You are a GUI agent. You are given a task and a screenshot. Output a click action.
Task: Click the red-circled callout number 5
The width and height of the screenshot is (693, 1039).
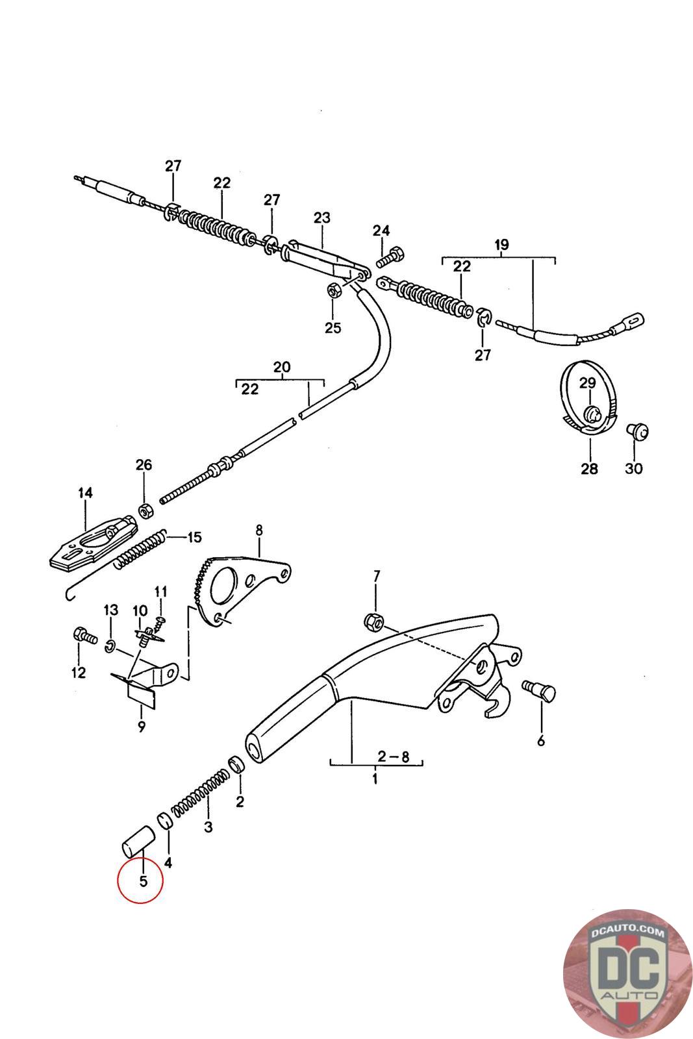coord(144,881)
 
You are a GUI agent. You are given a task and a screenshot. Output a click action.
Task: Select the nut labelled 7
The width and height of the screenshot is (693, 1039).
coord(374,621)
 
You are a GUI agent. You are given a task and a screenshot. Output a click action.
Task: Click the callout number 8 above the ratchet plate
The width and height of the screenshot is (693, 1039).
coord(259,530)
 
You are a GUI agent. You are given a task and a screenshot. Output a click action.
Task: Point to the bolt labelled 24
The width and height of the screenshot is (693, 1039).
coord(390,257)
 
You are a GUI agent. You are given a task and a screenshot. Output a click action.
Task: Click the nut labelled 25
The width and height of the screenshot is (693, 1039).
coord(334,291)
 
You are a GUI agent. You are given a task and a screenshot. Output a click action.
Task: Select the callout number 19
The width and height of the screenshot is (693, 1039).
coord(501,244)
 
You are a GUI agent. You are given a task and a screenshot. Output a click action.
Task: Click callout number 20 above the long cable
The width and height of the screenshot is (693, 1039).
coord(282,367)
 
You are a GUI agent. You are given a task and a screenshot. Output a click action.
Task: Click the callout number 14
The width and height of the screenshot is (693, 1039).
coord(85,493)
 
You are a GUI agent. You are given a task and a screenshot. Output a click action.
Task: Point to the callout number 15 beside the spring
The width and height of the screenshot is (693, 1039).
coord(194,537)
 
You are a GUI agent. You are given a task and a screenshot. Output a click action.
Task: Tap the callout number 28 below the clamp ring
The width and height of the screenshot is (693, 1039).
coord(589,468)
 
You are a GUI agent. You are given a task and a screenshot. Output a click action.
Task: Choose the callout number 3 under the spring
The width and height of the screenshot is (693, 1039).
coord(208,827)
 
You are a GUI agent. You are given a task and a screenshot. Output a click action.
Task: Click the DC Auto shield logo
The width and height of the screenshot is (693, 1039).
coord(627,973)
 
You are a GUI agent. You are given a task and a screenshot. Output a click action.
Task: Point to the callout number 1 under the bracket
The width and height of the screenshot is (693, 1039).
coord(375,778)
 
